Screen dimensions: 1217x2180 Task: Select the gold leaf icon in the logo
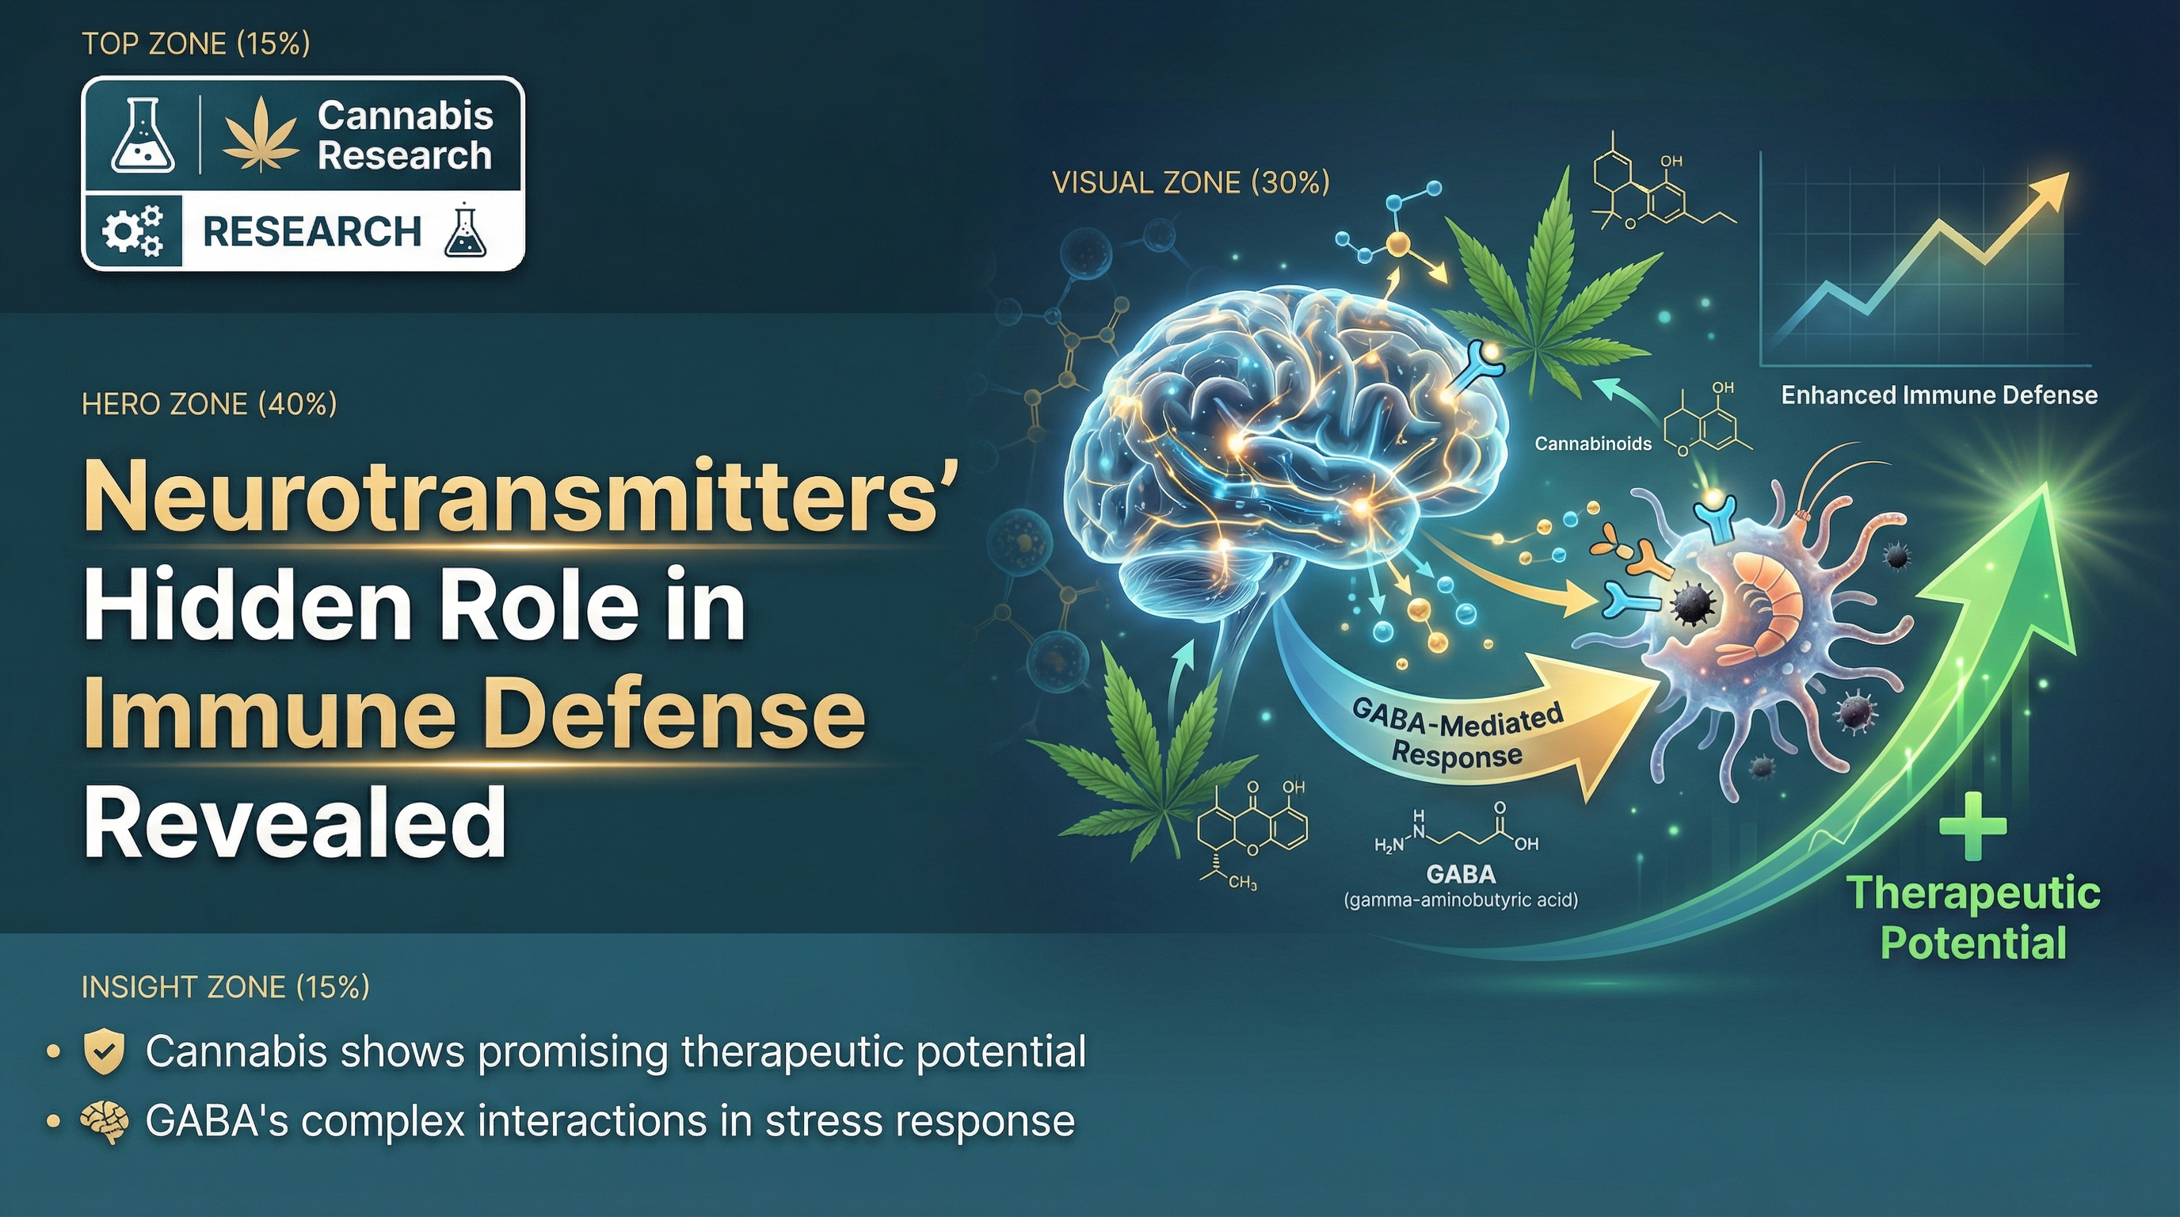[x=261, y=135]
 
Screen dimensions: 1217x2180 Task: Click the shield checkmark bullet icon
[x=104, y=1052]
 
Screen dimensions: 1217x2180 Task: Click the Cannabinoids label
[x=1593, y=444]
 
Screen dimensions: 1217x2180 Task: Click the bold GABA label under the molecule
[x=1461, y=873]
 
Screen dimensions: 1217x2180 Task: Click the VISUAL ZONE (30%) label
[x=1191, y=183]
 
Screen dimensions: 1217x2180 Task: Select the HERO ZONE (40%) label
[x=209, y=404]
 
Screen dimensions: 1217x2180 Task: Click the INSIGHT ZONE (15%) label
[x=225, y=986]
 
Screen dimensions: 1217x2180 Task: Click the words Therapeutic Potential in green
[x=1972, y=918]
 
